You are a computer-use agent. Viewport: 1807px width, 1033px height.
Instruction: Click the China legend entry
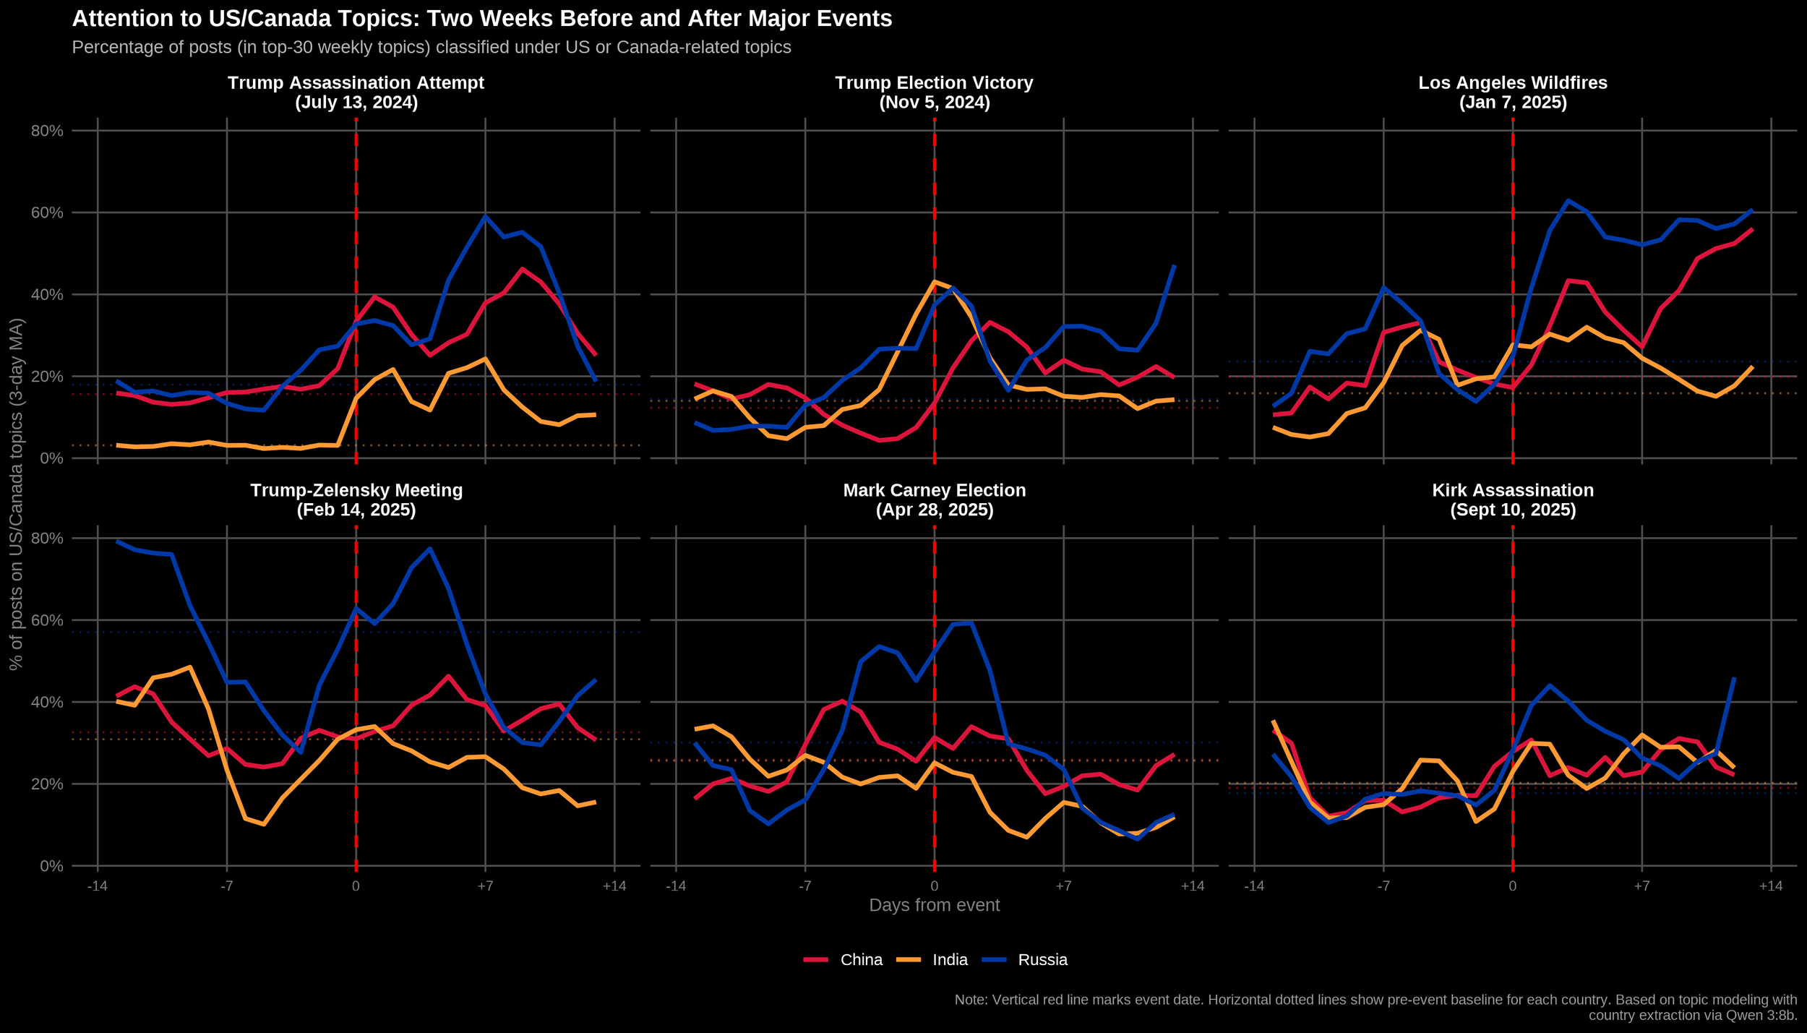pos(860,960)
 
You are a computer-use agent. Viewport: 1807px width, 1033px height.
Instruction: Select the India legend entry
pos(949,960)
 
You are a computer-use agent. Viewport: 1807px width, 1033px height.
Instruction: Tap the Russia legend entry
pos(1042,960)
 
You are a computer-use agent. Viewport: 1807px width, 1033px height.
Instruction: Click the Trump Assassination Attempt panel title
pos(356,93)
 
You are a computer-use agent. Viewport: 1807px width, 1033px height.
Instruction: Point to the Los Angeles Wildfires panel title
pos(1512,93)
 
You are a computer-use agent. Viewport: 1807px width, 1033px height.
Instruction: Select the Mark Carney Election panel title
pos(934,500)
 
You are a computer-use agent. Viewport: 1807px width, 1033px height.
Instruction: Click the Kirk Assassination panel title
pos(1512,500)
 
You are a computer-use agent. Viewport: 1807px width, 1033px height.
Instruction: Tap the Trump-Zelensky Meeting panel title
pos(356,500)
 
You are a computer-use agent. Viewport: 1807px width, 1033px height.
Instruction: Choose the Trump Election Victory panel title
pos(934,93)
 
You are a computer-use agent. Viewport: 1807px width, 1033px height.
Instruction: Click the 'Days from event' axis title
pos(934,905)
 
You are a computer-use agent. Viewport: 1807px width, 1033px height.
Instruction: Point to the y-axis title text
pos(16,494)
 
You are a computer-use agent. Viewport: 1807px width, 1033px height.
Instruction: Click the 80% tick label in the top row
pos(47,131)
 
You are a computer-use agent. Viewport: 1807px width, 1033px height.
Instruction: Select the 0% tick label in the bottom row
pos(51,866)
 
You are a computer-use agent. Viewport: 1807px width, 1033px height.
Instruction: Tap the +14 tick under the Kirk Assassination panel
pos(1770,886)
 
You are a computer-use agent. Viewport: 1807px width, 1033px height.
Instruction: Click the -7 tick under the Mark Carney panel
pos(804,886)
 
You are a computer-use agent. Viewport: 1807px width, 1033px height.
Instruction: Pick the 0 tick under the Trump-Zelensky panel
pos(356,886)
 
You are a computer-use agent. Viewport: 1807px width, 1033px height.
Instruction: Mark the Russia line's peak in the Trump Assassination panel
pos(485,215)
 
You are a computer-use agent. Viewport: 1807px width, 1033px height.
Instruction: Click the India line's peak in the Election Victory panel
pos(934,281)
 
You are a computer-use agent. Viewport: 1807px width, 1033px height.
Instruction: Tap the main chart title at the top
pos(482,19)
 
